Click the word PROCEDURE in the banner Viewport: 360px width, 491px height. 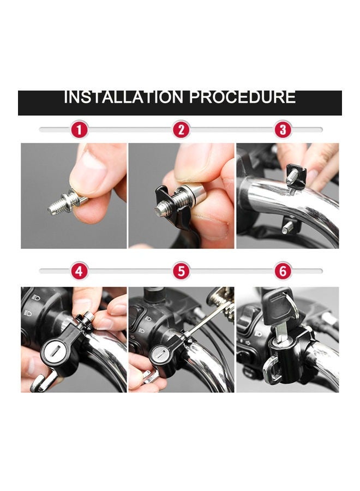tap(242, 98)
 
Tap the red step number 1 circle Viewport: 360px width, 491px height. tap(80, 130)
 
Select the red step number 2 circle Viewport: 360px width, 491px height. tap(181, 130)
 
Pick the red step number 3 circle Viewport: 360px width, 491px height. tap(283, 130)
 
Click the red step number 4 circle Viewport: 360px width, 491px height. tap(80, 271)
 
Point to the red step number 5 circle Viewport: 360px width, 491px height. tap(181, 271)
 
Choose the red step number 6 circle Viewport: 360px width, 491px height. tap(283, 271)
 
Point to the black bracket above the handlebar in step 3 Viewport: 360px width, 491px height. tap(295, 176)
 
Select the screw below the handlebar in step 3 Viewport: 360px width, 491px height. tap(287, 225)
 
